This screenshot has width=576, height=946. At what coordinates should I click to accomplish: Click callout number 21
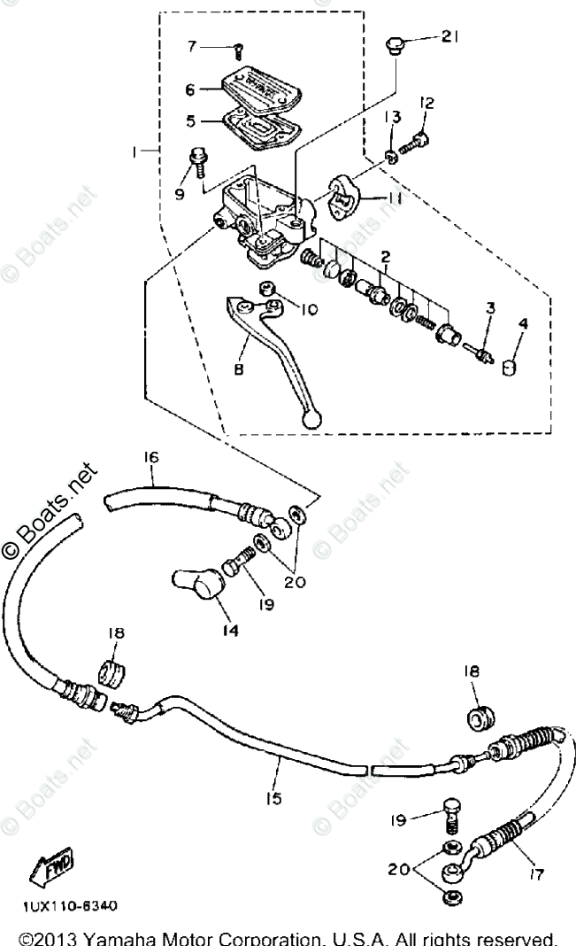click(x=451, y=36)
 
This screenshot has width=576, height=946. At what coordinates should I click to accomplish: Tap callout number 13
click(x=391, y=118)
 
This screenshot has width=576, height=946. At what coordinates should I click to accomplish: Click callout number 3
click(x=489, y=308)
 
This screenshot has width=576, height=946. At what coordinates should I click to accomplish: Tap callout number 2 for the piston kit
click(x=385, y=257)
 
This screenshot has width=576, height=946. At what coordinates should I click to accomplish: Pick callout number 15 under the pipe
click(x=273, y=797)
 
